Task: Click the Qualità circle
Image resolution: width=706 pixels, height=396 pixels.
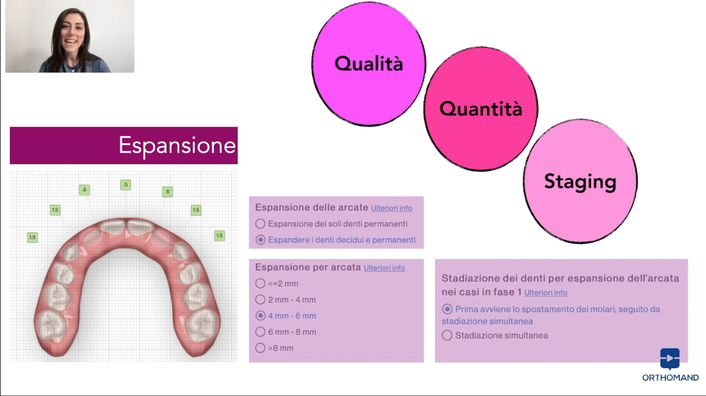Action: click(369, 64)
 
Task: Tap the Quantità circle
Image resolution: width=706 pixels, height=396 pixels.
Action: click(481, 109)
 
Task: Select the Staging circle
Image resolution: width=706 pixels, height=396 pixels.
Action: click(580, 181)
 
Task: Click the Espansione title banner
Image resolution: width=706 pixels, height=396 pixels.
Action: click(124, 146)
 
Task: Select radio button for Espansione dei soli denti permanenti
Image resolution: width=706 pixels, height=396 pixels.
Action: click(260, 224)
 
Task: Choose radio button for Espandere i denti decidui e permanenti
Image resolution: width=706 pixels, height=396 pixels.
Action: click(260, 240)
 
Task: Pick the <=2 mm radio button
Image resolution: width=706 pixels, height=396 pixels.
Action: click(260, 283)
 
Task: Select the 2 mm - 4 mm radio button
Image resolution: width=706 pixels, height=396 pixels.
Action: click(260, 300)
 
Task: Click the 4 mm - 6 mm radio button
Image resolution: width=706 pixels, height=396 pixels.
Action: click(260, 316)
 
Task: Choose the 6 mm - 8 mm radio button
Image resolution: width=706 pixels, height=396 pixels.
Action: click(260, 332)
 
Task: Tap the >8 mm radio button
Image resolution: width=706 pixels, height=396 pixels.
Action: click(260, 348)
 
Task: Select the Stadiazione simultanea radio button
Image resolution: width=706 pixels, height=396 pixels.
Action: click(447, 335)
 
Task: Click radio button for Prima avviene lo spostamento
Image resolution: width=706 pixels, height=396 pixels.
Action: click(447, 309)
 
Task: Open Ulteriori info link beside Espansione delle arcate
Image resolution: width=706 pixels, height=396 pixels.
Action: click(392, 208)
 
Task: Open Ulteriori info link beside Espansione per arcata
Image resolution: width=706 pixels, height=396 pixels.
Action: click(384, 268)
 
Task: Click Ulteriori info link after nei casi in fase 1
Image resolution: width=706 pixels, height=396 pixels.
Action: click(546, 292)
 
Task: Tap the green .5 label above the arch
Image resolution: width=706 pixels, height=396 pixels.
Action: click(125, 185)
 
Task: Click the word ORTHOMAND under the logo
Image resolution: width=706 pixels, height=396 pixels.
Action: click(670, 377)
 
